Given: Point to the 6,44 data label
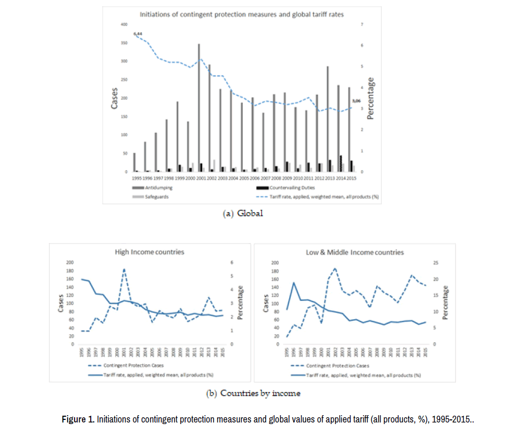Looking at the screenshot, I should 138,33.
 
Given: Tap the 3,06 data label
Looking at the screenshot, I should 356,101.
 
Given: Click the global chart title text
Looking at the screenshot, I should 241,15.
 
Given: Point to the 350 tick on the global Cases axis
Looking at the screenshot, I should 123,43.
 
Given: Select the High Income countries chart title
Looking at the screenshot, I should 150,252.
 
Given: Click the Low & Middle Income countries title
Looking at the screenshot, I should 354,252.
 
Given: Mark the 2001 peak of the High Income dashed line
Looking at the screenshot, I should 124,269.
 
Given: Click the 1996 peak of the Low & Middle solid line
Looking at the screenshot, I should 294,283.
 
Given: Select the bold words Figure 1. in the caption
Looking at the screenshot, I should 78,419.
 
